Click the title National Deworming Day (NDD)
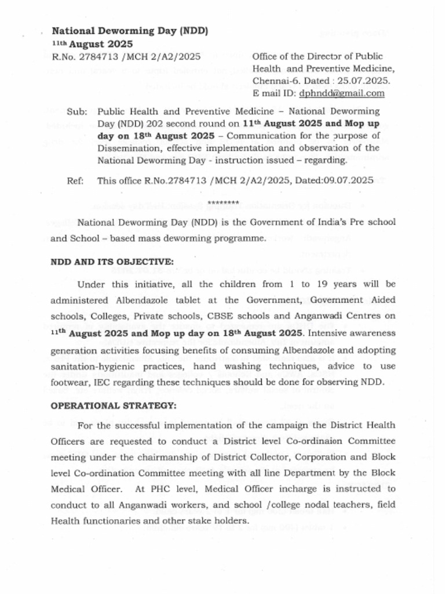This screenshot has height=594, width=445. [130, 31]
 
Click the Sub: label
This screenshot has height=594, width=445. [76, 111]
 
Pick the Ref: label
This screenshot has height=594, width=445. [75, 181]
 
